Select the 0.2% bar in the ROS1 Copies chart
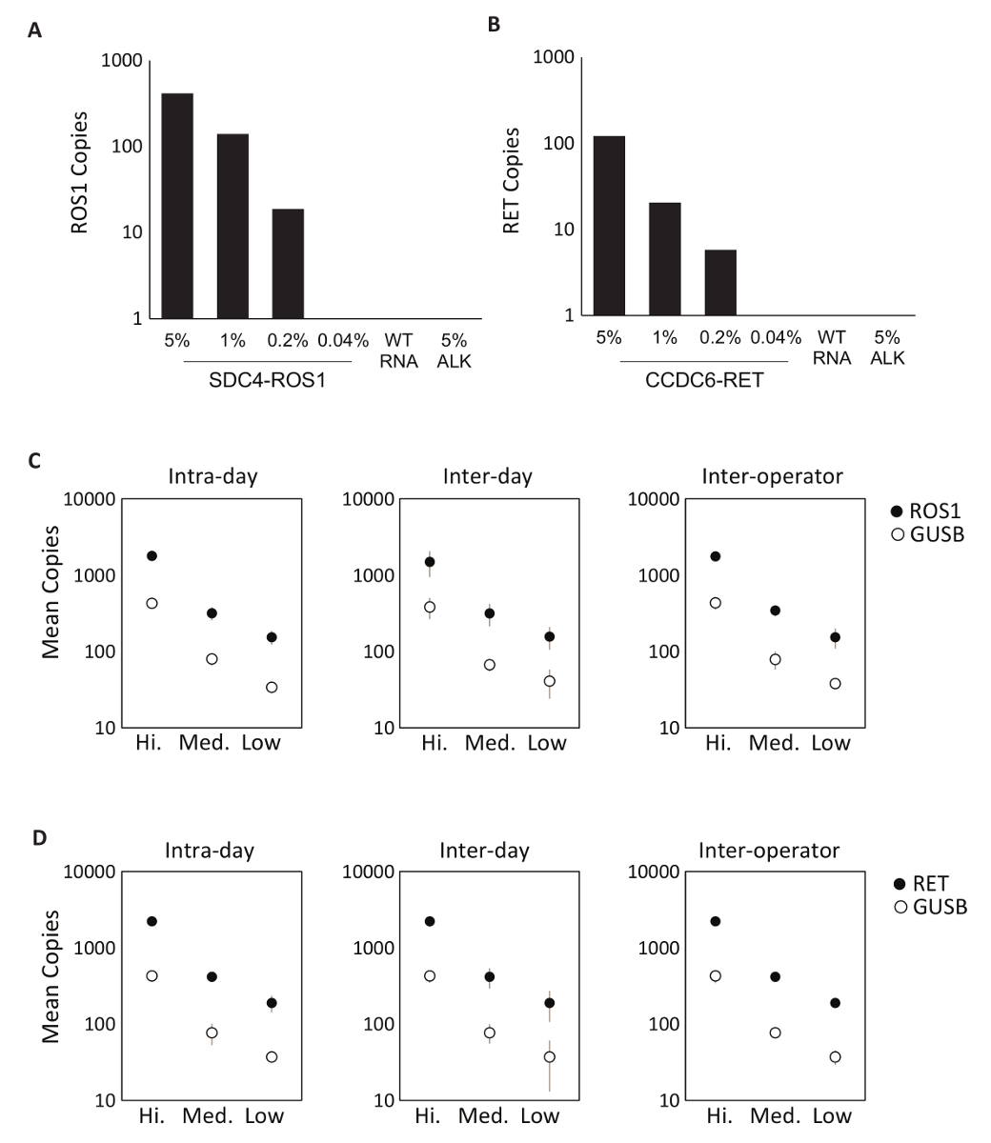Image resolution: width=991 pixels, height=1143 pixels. tap(288, 263)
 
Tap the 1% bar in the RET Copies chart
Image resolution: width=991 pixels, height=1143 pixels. tap(664, 258)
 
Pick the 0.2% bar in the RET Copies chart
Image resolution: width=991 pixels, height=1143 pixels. tap(719, 282)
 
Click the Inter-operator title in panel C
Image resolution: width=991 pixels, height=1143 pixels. tap(769, 475)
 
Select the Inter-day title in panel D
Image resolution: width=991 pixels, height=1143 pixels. tap(485, 849)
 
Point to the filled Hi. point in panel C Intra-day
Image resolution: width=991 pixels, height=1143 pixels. tap(152, 555)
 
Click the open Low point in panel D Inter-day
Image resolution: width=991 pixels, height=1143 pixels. tap(549, 1056)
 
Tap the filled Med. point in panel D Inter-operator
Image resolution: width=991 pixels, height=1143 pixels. tap(776, 976)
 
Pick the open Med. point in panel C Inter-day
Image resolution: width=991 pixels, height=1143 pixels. tap(490, 664)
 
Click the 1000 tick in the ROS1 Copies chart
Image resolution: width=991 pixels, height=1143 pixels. tap(127, 62)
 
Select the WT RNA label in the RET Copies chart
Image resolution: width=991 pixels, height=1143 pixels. tap(832, 348)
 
